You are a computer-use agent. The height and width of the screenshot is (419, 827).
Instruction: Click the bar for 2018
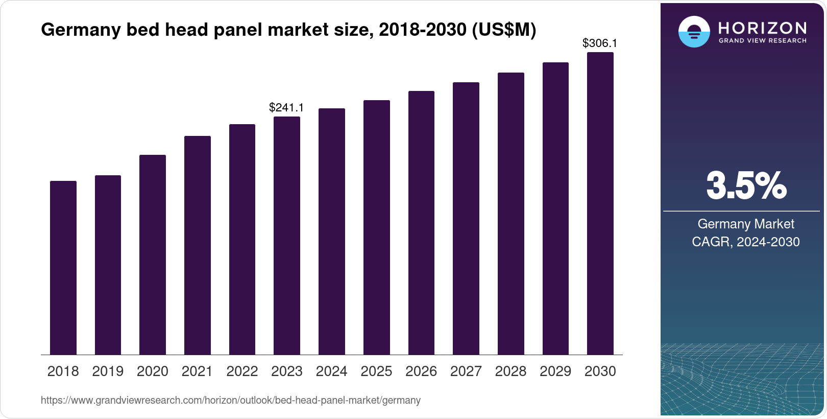point(63,268)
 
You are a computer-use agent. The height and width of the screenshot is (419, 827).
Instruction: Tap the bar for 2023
point(287,236)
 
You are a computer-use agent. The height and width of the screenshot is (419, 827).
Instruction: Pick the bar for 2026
point(421,223)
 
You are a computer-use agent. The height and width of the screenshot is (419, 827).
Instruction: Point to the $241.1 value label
point(286,107)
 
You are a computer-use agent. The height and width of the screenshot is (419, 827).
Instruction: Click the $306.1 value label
point(600,43)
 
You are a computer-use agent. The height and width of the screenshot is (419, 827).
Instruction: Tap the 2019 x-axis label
point(108,371)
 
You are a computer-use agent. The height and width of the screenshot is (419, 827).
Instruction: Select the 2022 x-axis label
point(242,371)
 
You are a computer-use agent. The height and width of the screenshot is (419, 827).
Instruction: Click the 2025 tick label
point(376,371)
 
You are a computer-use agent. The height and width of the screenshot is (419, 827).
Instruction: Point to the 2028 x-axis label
point(510,371)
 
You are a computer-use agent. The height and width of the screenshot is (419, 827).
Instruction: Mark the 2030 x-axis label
point(600,371)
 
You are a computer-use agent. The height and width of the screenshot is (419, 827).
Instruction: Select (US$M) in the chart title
point(503,30)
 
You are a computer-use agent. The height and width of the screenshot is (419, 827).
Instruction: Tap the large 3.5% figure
point(746,185)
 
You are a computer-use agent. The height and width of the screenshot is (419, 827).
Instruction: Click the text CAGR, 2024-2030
point(745,242)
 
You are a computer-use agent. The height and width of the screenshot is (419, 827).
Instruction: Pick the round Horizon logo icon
point(694,32)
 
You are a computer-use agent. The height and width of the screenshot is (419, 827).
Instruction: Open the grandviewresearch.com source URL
point(231,401)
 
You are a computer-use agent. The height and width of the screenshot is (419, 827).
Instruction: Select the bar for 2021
point(198,245)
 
